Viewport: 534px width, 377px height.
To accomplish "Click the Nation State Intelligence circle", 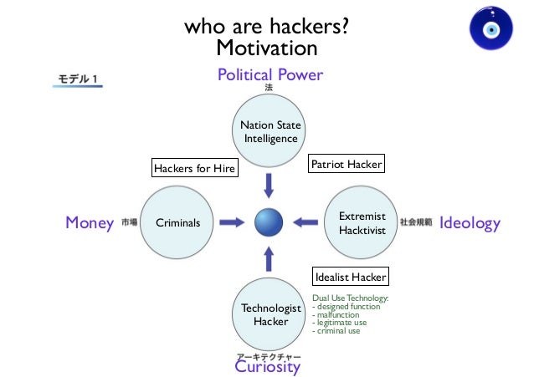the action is pyautogui.click(x=270, y=132).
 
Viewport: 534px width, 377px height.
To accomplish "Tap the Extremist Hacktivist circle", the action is pyautogui.click(x=362, y=222).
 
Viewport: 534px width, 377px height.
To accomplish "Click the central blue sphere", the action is pyautogui.click(x=270, y=222).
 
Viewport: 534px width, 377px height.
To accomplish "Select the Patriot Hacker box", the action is pyautogui.click(x=347, y=165).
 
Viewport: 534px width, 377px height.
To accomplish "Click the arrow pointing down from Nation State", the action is pyautogui.click(x=270, y=183).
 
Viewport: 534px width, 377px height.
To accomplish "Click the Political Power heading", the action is pyautogui.click(x=270, y=75).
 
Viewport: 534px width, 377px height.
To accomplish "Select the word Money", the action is pyautogui.click(x=89, y=223).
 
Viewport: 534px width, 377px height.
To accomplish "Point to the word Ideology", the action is pyautogui.click(x=470, y=223).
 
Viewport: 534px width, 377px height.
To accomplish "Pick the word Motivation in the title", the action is pyautogui.click(x=267, y=48).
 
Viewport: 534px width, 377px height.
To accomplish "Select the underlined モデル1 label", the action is pyautogui.click(x=79, y=79).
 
